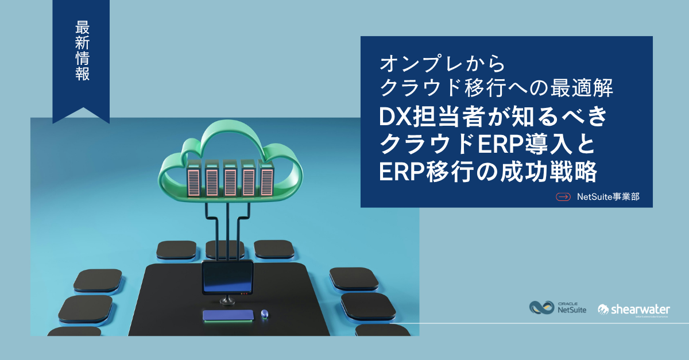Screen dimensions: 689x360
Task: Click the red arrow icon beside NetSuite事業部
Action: click(x=563, y=196)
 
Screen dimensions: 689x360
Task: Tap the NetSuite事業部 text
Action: click(x=608, y=196)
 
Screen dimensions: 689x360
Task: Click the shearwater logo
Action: click(x=634, y=310)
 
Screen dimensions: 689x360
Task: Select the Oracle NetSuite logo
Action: click(x=558, y=307)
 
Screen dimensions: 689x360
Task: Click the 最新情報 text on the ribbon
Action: click(x=82, y=51)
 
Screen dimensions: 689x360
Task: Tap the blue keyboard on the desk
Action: click(x=228, y=315)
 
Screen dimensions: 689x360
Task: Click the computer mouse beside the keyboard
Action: click(x=264, y=314)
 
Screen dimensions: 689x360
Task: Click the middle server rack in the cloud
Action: click(x=230, y=179)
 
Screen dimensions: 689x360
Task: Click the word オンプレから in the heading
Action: click(x=442, y=64)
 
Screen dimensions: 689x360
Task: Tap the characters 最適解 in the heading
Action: click(x=582, y=88)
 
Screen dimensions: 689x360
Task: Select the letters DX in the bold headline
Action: click(x=395, y=117)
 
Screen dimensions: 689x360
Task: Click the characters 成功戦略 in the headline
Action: click(x=548, y=172)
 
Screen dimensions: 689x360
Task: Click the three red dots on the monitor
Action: click(x=244, y=293)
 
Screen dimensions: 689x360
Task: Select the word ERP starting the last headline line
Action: click(x=401, y=172)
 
